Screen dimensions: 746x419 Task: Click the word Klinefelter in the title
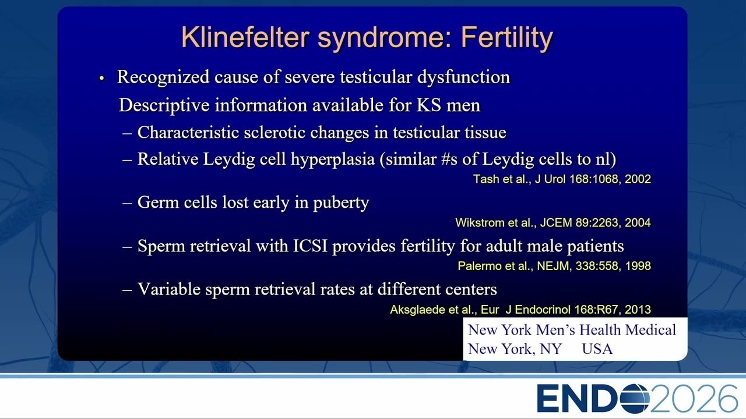pos(245,37)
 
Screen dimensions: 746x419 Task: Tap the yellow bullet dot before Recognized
pos(102,79)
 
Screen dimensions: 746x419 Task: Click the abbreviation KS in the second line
pos(429,105)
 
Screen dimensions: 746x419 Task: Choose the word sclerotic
pos(274,132)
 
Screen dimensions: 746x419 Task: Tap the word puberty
pos(341,203)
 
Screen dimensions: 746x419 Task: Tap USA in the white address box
pos(597,349)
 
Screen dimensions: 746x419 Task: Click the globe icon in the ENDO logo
pos(635,399)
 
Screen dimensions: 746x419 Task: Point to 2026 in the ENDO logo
pos(693,399)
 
